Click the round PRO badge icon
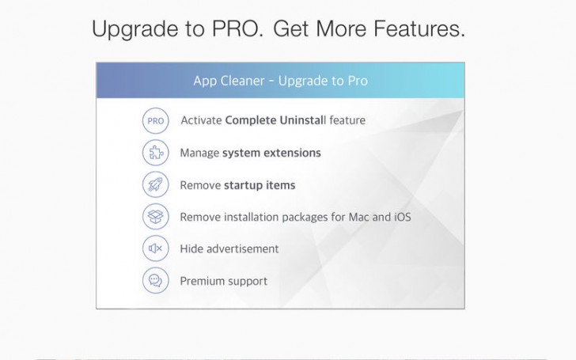(x=155, y=121)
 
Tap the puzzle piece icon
(x=155, y=153)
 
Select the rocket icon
(x=155, y=185)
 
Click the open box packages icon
(x=155, y=217)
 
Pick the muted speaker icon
(x=155, y=248)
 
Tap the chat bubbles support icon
(x=155, y=281)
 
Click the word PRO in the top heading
(x=235, y=29)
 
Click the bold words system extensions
(x=271, y=153)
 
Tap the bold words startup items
(x=259, y=185)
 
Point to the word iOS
(x=403, y=217)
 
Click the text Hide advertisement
(x=229, y=248)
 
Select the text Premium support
(x=224, y=281)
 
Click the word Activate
(x=201, y=121)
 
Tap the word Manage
(x=199, y=153)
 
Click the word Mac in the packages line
(x=361, y=217)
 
